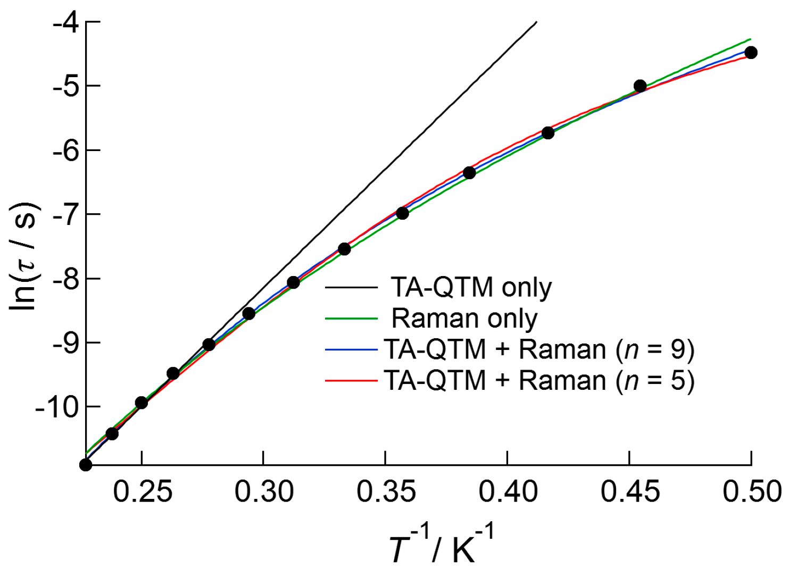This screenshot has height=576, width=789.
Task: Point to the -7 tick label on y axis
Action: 65,214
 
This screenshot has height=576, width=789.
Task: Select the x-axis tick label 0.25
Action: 142,491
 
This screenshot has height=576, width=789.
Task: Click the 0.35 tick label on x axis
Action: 386,491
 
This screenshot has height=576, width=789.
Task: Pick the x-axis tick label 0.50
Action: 751,491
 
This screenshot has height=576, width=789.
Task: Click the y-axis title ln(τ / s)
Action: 23,255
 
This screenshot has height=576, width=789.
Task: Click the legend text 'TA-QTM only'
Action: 471,288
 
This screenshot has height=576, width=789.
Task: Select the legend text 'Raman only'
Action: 464,319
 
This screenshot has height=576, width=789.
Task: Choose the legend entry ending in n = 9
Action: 538,349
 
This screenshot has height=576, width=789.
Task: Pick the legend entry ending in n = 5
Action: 538,381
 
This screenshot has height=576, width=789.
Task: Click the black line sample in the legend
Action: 351,288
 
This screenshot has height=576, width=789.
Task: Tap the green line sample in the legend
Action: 351,319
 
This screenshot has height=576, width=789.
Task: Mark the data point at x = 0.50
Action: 751,53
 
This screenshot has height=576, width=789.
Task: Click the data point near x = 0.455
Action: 640,86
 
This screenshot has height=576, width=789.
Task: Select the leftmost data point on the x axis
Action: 86,465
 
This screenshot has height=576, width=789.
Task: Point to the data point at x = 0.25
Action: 142,403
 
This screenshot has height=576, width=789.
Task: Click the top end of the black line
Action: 536,22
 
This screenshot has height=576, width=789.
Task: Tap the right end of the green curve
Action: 750,39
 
